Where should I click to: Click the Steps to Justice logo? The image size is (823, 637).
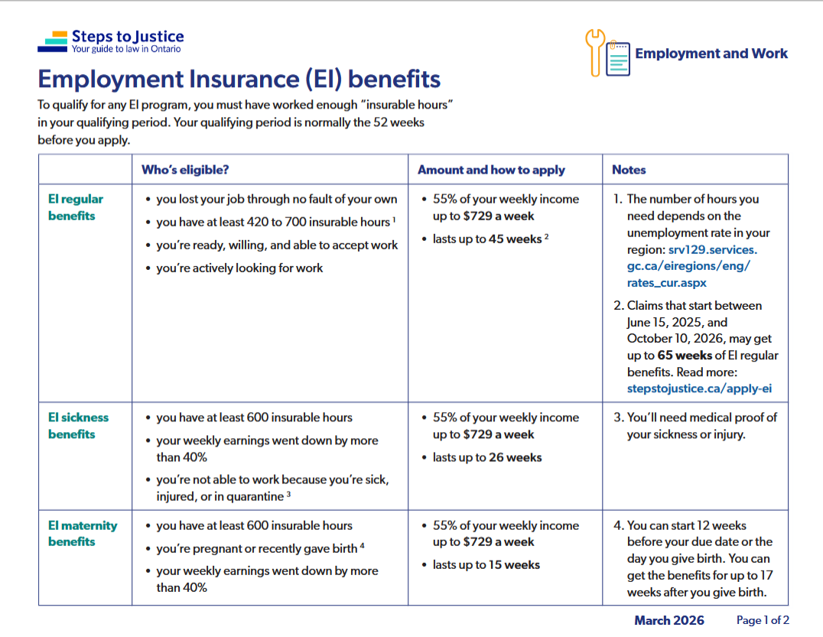pyautogui.click(x=111, y=41)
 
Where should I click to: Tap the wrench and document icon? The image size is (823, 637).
pyautogui.click(x=608, y=54)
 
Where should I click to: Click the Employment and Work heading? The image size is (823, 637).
pyautogui.click(x=711, y=54)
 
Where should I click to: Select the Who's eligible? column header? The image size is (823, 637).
pyautogui.click(x=185, y=170)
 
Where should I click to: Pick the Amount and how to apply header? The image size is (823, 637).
pyautogui.click(x=491, y=170)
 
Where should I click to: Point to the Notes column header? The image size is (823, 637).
pyautogui.click(x=629, y=170)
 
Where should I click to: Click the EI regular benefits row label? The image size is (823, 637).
pyautogui.click(x=75, y=207)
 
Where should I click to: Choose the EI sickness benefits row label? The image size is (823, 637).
pyautogui.click(x=78, y=426)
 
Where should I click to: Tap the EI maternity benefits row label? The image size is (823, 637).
pyautogui.click(x=82, y=534)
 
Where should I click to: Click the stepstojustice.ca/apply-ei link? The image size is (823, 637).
pyautogui.click(x=699, y=388)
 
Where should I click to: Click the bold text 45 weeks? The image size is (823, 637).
pyautogui.click(x=515, y=239)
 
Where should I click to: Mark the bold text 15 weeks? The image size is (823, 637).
pyautogui.click(x=514, y=565)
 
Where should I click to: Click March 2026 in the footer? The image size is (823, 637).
pyautogui.click(x=669, y=620)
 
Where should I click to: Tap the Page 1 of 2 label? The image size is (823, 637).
pyautogui.click(x=763, y=620)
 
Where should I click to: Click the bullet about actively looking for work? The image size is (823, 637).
pyautogui.click(x=239, y=268)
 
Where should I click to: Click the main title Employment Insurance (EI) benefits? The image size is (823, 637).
pyautogui.click(x=239, y=80)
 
